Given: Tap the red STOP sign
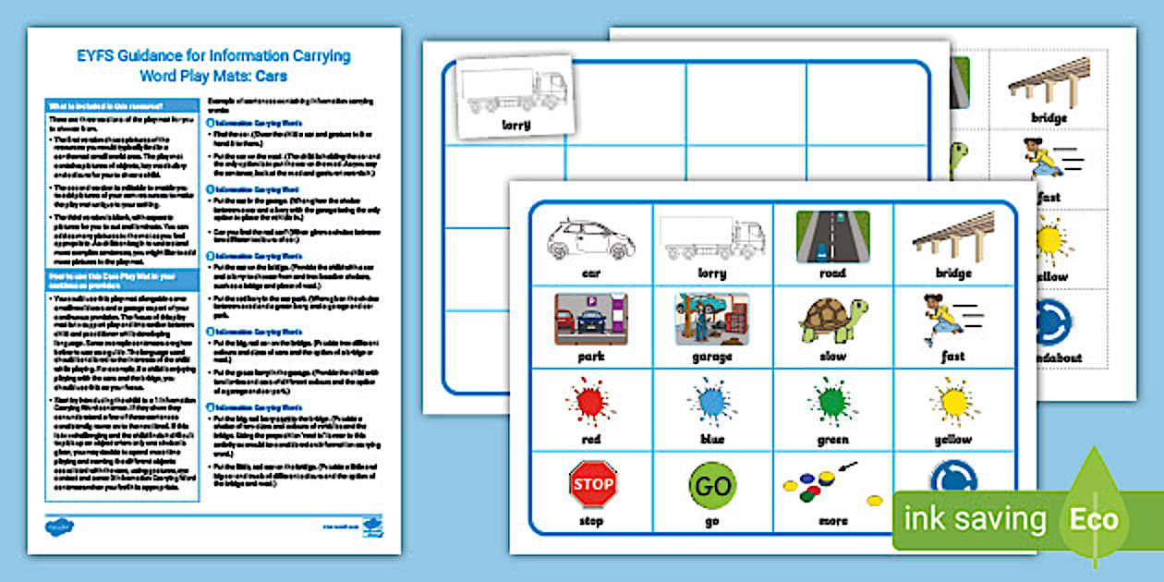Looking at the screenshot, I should tap(592, 486).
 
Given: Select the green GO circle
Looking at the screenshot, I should tap(712, 485).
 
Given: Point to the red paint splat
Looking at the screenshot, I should tap(591, 403).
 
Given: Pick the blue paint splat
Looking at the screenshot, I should tap(712, 403).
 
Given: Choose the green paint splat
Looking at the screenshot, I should tap(832, 403).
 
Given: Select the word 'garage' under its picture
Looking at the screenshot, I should tap(711, 357).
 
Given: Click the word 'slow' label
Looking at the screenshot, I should tap(832, 356).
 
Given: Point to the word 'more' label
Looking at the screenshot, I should tap(832, 521).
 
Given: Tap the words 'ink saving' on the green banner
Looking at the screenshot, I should tap(975, 519).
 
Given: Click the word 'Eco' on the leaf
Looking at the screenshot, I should tap(1095, 519).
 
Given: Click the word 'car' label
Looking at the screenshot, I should tap(591, 273).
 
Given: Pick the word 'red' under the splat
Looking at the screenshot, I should tap(591, 439).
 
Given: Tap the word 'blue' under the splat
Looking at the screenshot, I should tap(711, 439).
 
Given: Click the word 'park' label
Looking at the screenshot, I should tap(591, 356).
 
